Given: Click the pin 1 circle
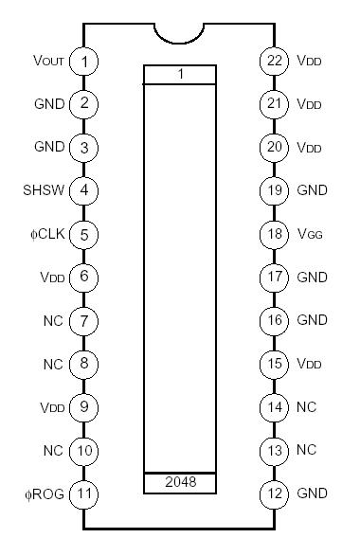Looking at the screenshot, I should [x=84, y=62].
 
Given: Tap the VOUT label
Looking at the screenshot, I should [x=47, y=62].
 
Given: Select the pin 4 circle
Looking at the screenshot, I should [x=84, y=190].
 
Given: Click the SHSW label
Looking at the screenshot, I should [x=43, y=190].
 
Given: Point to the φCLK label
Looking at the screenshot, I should [x=45, y=234].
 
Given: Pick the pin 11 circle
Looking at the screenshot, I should [x=84, y=493].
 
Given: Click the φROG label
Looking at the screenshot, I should [x=43, y=493].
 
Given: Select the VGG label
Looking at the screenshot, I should [x=310, y=234].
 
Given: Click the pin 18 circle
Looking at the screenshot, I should [x=275, y=234].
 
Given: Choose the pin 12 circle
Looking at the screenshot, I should [x=275, y=493].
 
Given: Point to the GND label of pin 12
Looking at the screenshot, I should [x=312, y=493].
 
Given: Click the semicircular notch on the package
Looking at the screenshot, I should [x=180, y=34].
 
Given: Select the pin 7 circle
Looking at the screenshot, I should [x=84, y=320].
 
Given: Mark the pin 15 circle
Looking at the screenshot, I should [x=275, y=364].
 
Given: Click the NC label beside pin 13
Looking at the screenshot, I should [x=306, y=450].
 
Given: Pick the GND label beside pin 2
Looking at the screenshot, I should [x=49, y=104].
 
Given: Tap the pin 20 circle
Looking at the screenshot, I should [x=275, y=148].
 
